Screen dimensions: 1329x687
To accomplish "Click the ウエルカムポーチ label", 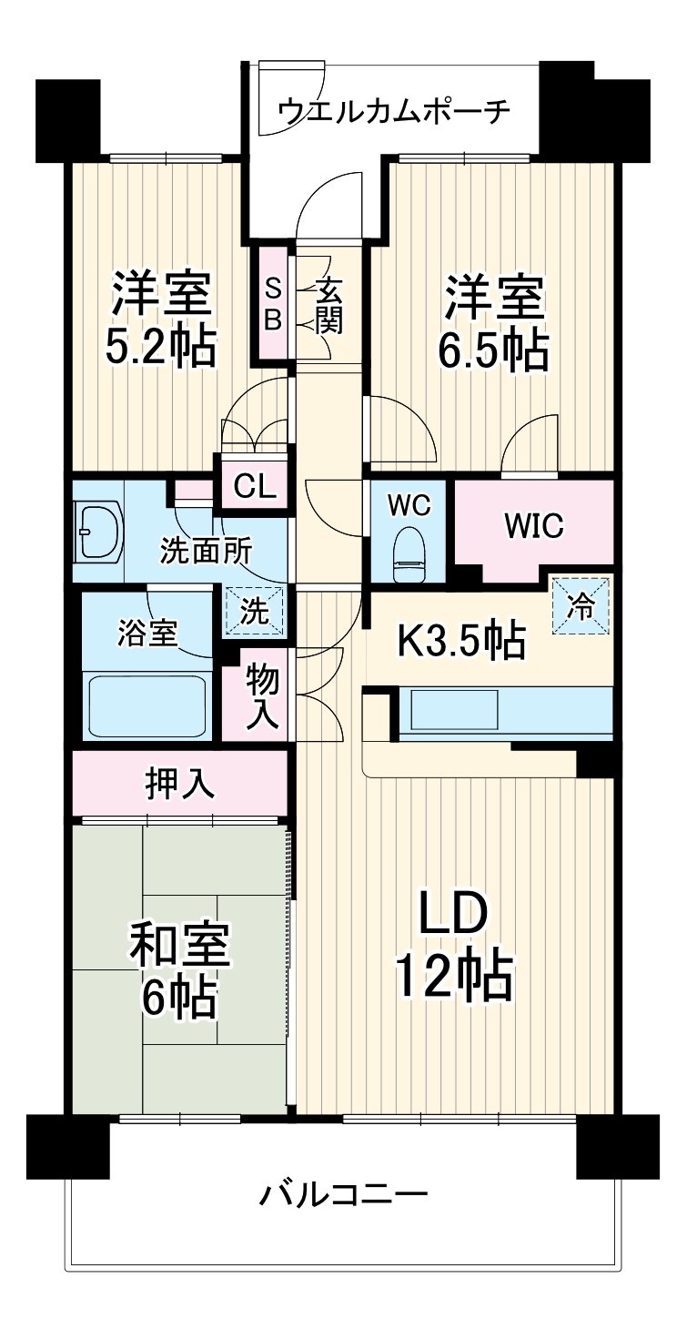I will click(393, 111).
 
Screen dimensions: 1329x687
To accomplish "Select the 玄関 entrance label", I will click(328, 307).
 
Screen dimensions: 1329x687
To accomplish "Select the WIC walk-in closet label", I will click(534, 525).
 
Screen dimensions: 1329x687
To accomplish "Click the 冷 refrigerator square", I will click(580, 604).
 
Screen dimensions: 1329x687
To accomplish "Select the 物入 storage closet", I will click(264, 695).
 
